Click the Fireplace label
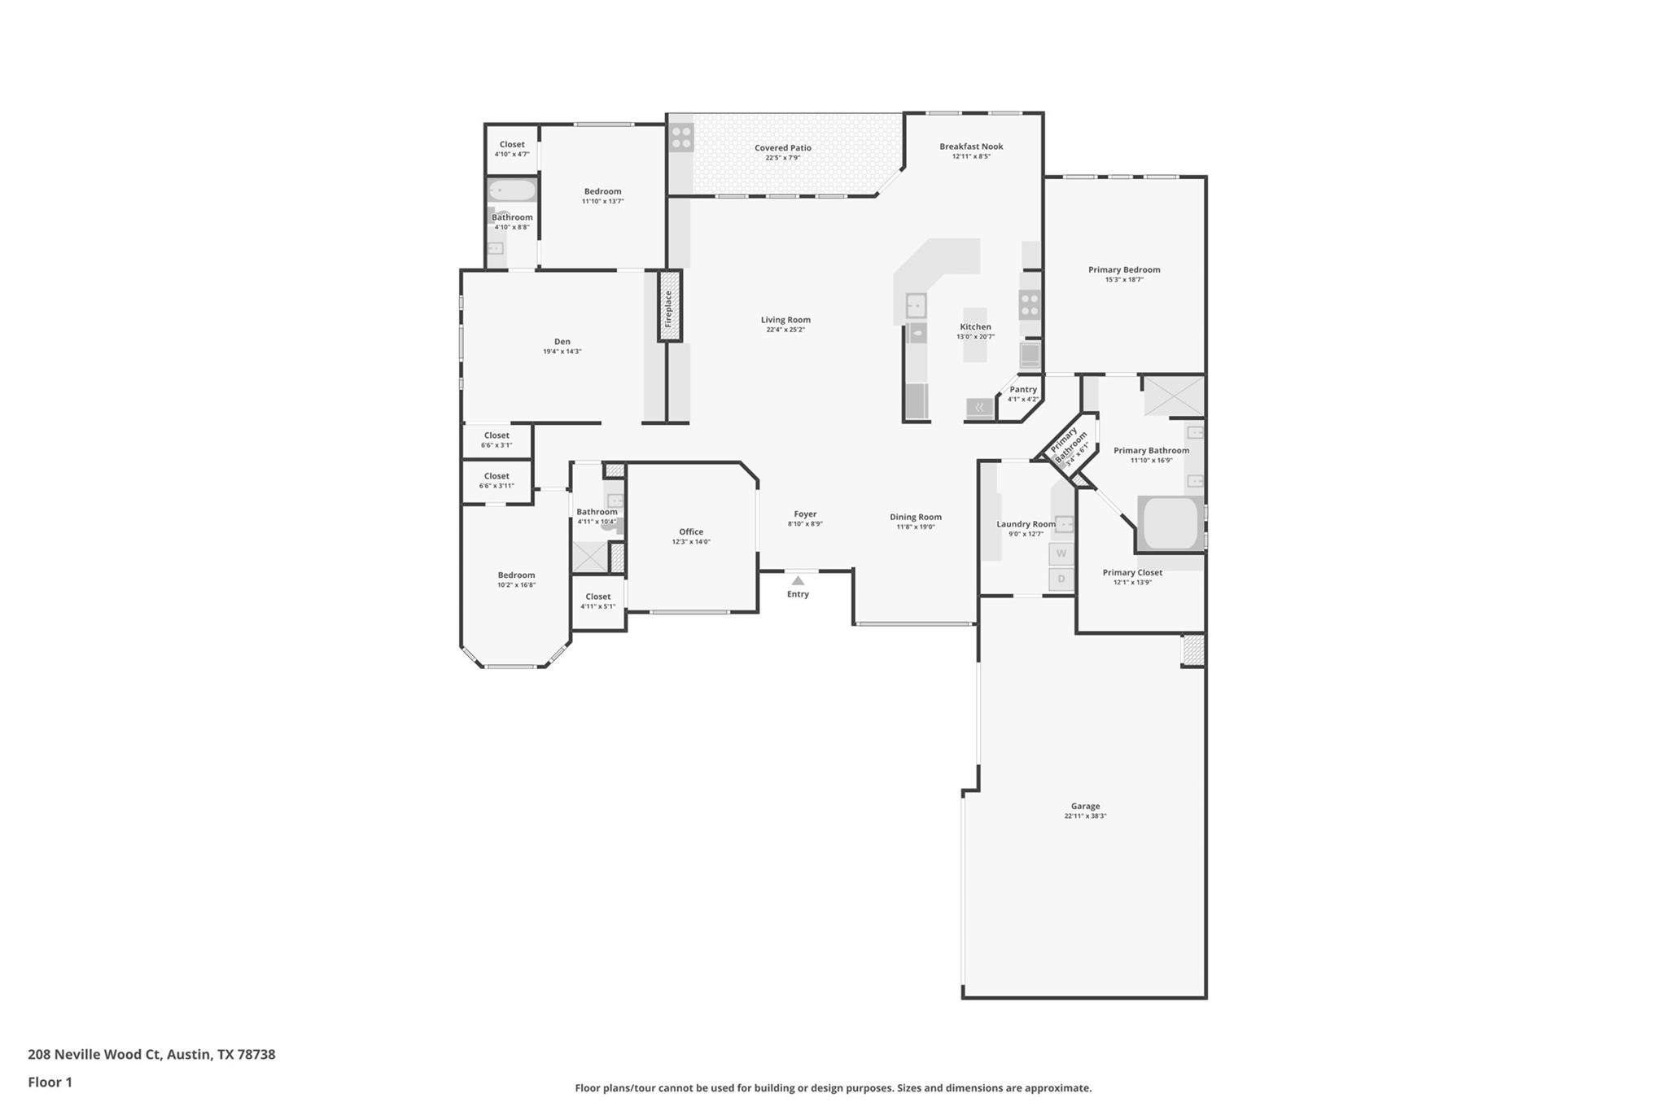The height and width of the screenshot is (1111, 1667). (x=669, y=308)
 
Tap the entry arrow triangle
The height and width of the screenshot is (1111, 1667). (x=798, y=580)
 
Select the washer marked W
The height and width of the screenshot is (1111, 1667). (x=1061, y=553)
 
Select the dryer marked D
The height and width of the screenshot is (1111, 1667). (x=1061, y=580)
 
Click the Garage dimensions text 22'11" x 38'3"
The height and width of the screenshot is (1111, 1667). (x=1085, y=816)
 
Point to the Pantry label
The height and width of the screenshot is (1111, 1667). (x=1023, y=389)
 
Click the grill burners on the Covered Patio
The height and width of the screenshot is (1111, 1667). (x=681, y=138)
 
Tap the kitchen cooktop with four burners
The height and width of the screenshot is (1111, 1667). (x=1030, y=304)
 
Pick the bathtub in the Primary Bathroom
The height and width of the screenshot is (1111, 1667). (x=1170, y=523)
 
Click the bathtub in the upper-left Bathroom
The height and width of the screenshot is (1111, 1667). (x=512, y=190)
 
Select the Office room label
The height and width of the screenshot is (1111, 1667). (x=691, y=531)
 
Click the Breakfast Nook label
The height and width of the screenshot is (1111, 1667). (x=971, y=147)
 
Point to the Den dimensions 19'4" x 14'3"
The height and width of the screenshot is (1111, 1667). (x=562, y=352)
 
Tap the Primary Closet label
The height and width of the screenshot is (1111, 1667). (x=1132, y=572)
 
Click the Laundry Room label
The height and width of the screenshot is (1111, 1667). (x=1026, y=524)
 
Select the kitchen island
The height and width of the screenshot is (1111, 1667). (x=975, y=335)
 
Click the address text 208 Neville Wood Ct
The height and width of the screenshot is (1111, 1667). (x=95, y=1054)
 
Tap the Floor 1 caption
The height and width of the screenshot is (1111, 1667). (x=50, y=1082)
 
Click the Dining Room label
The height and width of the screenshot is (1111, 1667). (x=915, y=517)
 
